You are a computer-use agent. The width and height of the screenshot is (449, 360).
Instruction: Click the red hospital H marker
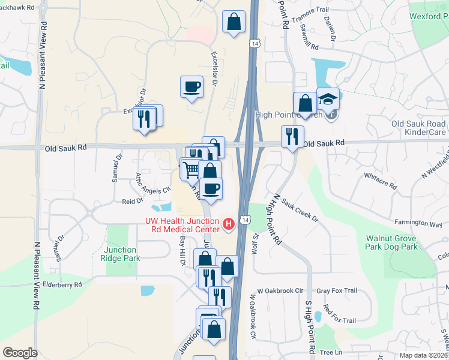[229, 224]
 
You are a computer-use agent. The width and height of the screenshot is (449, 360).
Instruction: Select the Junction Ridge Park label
[122, 254]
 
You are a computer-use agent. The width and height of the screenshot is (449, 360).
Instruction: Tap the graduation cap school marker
[328, 98]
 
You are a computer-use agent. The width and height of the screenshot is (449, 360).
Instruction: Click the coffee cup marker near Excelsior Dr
[191, 86]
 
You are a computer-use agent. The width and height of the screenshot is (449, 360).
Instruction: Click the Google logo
[20, 352]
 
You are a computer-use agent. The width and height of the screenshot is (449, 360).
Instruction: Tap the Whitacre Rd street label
[381, 181]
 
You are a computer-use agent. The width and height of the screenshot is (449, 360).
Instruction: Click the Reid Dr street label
[131, 202]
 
